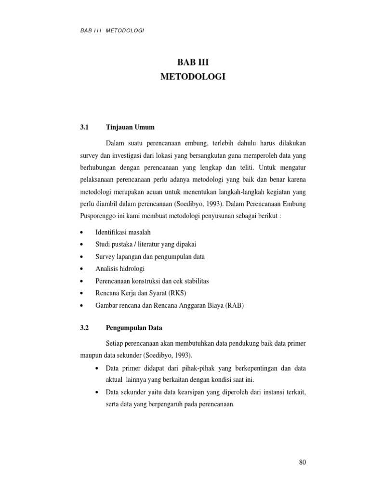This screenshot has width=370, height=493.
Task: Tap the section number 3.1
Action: pyautogui.click(x=85, y=128)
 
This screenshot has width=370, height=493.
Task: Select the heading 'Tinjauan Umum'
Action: pyautogui.click(x=129, y=128)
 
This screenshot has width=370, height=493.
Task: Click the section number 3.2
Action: pyautogui.click(x=85, y=328)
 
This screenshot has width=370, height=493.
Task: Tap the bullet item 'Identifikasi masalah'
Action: pyautogui.click(x=126, y=232)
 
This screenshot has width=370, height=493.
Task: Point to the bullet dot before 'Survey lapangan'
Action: pyautogui.click(x=84, y=257)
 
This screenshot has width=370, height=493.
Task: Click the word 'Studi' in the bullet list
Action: pyautogui.click(x=103, y=245)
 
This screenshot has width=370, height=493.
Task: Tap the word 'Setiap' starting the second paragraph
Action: pyautogui.click(x=114, y=343)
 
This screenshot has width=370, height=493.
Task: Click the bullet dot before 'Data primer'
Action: pyautogui.click(x=97, y=368)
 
